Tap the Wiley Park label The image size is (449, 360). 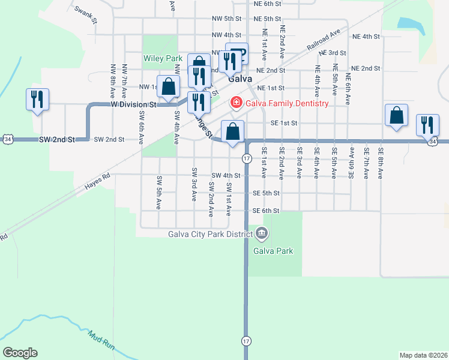coord(162,59)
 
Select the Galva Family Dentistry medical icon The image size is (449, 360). coord(237,103)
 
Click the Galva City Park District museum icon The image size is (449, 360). coord(261,233)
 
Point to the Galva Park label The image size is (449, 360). coord(273,251)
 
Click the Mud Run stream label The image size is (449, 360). coord(101,340)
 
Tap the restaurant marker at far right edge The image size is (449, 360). coord(427,125)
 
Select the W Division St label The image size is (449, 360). coord(133,104)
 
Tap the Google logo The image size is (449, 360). coord(20,353)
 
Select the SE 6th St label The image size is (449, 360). coord(266,211)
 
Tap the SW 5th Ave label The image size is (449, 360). coord(159,192)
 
